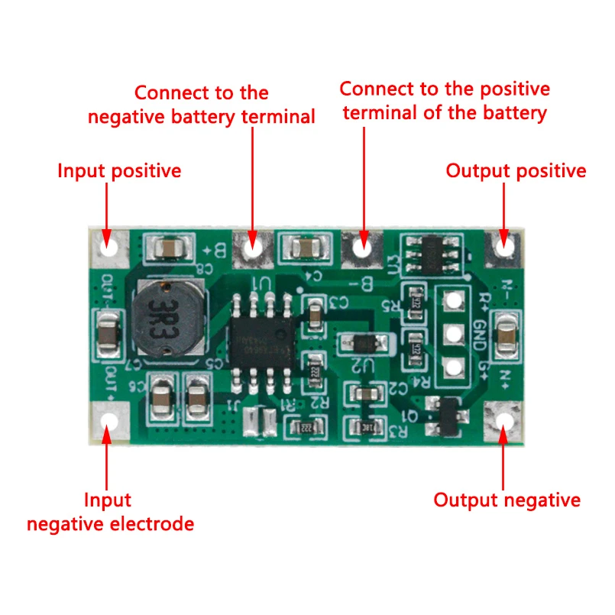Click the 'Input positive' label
click(x=119, y=170)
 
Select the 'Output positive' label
click(x=516, y=170)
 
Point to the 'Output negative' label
click(x=507, y=500)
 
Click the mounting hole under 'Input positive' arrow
click(x=108, y=246)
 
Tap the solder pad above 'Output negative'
click(x=505, y=421)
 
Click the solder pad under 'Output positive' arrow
click(x=504, y=246)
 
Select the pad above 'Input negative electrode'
click(x=108, y=421)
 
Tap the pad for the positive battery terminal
click(x=362, y=246)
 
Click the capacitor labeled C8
click(x=168, y=247)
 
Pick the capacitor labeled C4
click(x=305, y=247)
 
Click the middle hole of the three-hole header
click(x=453, y=334)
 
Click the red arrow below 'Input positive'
click(x=107, y=206)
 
